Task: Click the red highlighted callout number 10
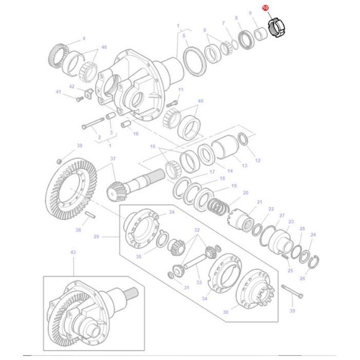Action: [x=265, y=9]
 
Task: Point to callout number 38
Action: [x=79, y=146]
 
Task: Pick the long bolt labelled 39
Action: [x=292, y=292]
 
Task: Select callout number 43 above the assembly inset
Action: [x=73, y=252]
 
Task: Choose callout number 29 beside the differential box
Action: [x=96, y=237]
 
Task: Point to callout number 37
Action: [x=113, y=159]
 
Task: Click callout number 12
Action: [x=258, y=160]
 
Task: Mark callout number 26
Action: [x=302, y=279]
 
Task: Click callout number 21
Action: [x=259, y=202]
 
